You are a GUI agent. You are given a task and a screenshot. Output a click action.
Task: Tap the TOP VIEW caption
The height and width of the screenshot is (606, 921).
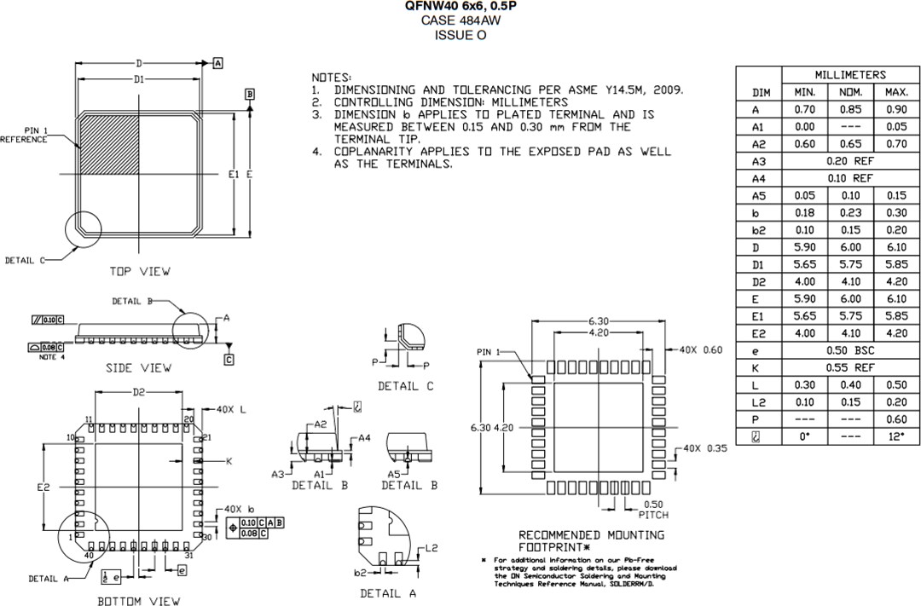click(x=140, y=271)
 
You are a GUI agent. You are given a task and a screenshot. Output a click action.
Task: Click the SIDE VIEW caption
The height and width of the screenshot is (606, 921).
click(x=138, y=367)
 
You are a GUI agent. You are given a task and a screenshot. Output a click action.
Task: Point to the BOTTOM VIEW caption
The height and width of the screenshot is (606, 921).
click(x=138, y=601)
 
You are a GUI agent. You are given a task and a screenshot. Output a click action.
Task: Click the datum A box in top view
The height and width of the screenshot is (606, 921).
click(x=218, y=64)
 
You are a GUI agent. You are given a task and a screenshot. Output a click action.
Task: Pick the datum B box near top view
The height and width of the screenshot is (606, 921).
click(x=250, y=94)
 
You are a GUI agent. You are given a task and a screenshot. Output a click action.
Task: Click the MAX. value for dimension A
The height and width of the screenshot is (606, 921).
click(x=896, y=110)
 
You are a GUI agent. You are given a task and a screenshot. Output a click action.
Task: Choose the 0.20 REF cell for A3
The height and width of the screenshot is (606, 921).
click(x=849, y=161)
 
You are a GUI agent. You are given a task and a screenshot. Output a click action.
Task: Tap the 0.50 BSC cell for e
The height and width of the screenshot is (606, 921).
click(x=849, y=350)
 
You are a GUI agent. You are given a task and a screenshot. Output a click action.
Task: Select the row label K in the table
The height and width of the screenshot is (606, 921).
click(x=756, y=367)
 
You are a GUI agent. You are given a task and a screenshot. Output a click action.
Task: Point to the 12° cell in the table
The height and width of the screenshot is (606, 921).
click(x=896, y=436)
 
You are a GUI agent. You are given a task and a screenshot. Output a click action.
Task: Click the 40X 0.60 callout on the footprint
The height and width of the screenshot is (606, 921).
click(x=700, y=350)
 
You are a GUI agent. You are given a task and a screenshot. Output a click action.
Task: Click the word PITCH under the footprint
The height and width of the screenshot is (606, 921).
click(x=653, y=515)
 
